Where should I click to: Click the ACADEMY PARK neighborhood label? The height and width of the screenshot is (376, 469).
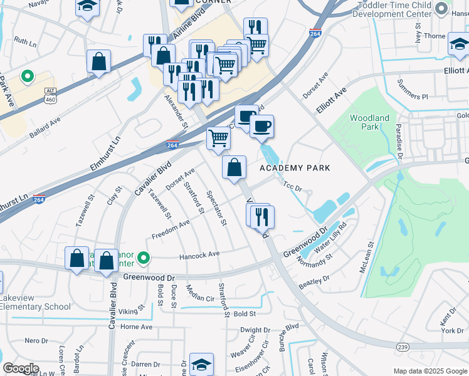pyautogui.click(x=294, y=168)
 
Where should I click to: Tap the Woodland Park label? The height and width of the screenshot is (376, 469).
pyautogui.click(x=369, y=122)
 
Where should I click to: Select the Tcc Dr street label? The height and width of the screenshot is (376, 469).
pyautogui.click(x=292, y=186)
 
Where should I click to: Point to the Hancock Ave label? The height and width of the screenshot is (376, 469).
pyautogui.click(x=199, y=254)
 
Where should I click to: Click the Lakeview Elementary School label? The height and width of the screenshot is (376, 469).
pyautogui.click(x=36, y=303)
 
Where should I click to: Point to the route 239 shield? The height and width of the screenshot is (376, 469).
pyautogui.click(x=403, y=347)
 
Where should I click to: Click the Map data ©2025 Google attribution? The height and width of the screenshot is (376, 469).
pyautogui.click(x=429, y=371)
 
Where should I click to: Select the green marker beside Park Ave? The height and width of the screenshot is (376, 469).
pyautogui.click(x=26, y=78)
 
